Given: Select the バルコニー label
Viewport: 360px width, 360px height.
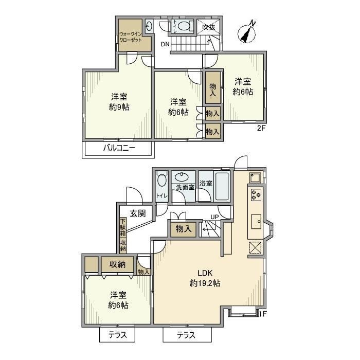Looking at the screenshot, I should click(x=119, y=148).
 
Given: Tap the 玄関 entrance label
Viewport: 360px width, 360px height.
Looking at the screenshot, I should click(x=137, y=213).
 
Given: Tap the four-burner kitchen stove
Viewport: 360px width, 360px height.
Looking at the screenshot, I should click(x=256, y=195).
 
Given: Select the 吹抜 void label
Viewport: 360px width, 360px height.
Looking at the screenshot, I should click(x=209, y=27).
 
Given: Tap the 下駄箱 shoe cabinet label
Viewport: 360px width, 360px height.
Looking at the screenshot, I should click(x=123, y=229).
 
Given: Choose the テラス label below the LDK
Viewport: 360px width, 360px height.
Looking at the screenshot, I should click(x=187, y=335).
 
